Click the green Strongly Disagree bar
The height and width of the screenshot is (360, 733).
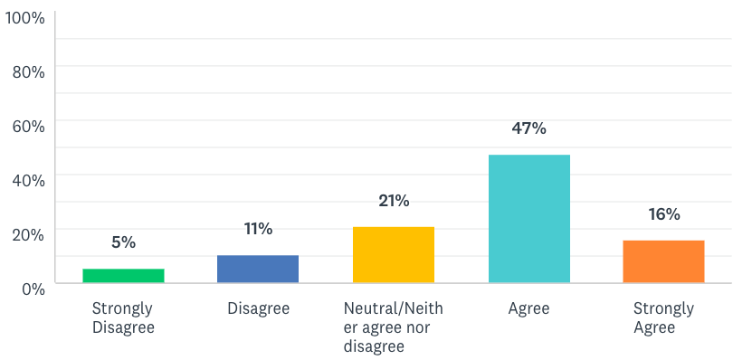click(123, 276)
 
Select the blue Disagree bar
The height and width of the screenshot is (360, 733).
click(258, 269)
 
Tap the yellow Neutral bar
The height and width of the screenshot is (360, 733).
click(394, 255)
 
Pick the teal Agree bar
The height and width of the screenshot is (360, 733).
click(529, 219)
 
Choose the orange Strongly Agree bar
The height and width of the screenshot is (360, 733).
click(664, 261)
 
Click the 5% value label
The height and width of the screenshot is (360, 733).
click(123, 242)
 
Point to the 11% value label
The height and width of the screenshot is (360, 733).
click(258, 228)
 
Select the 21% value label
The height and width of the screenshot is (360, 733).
click(394, 200)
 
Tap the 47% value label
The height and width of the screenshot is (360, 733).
click(529, 128)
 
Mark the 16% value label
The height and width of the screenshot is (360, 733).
click(664, 214)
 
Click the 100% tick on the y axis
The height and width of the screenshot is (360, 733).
click(24, 16)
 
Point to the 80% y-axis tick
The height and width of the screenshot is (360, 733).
click(28, 71)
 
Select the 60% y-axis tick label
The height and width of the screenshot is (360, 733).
click(28, 125)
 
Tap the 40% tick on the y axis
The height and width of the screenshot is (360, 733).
click(28, 179)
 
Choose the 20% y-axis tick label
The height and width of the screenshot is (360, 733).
click(28, 233)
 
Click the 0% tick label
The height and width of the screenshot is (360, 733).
click(32, 288)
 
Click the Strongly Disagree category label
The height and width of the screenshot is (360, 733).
click(123, 318)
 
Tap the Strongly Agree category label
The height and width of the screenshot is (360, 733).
click(664, 318)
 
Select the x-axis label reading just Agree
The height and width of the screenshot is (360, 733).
click(529, 309)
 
